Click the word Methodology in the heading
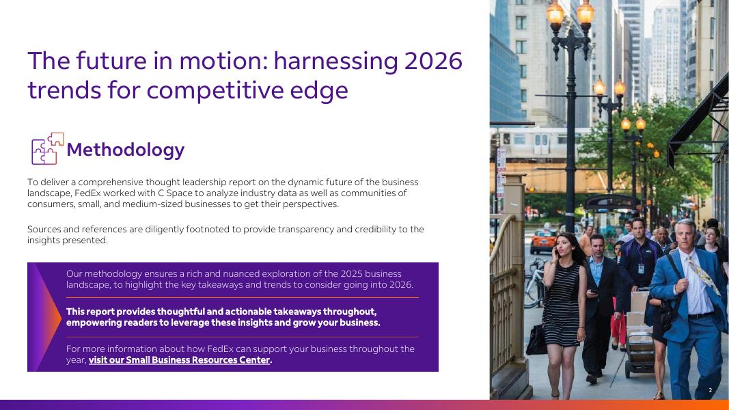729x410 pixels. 126,150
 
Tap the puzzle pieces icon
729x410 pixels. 47,148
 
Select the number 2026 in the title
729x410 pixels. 433,60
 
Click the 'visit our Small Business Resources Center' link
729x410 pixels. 180,360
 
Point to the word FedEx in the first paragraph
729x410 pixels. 87,193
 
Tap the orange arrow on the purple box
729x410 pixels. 47,317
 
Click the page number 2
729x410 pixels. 710,390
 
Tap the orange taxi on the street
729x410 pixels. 542,241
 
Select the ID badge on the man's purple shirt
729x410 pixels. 641,269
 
